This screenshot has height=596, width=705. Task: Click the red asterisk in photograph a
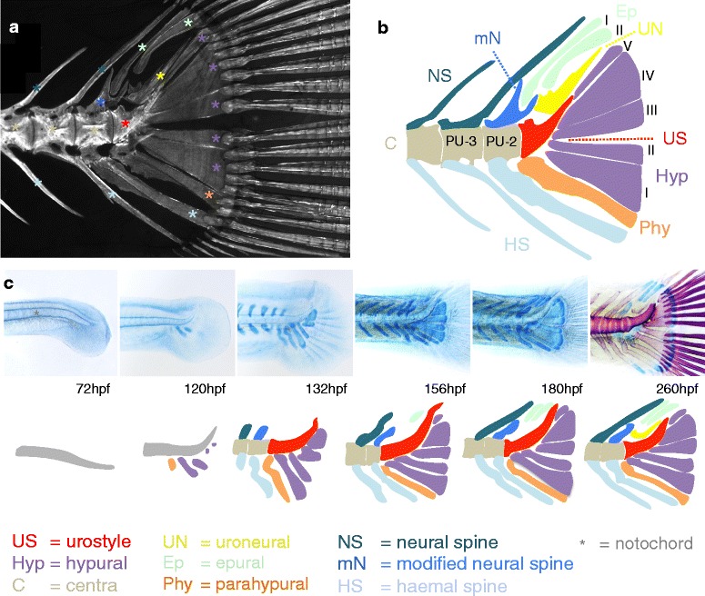coord(126,121)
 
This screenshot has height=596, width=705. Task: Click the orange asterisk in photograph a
coord(210,194)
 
